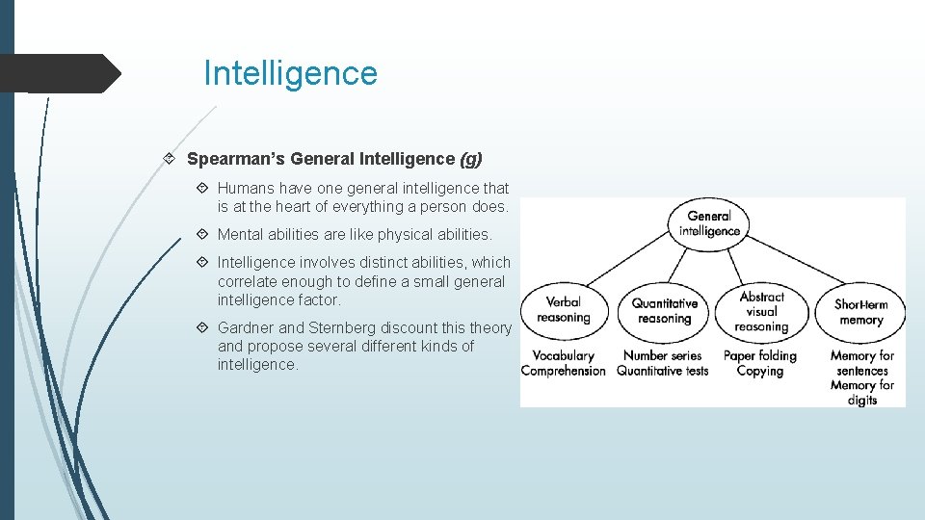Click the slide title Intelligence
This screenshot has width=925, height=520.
pos(290,73)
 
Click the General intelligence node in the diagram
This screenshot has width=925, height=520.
pos(709,223)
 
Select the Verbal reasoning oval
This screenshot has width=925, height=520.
pos(564,310)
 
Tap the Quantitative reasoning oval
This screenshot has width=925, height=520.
pos(664,311)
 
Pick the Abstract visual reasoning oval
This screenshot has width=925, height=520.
pos(761,311)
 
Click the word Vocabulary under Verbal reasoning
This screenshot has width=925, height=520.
pos(564,356)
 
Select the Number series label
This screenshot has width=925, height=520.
pos(663,356)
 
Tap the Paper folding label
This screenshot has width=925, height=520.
pos(760,356)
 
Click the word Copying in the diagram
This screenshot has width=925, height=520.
pos(760,371)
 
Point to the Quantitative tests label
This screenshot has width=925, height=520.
pos(663,371)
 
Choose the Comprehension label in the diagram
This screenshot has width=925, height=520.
pos(564,371)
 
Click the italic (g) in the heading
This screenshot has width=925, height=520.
pos(471,158)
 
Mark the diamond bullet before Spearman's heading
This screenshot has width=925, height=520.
pos(170,158)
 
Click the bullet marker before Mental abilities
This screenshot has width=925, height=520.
pos(203,234)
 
